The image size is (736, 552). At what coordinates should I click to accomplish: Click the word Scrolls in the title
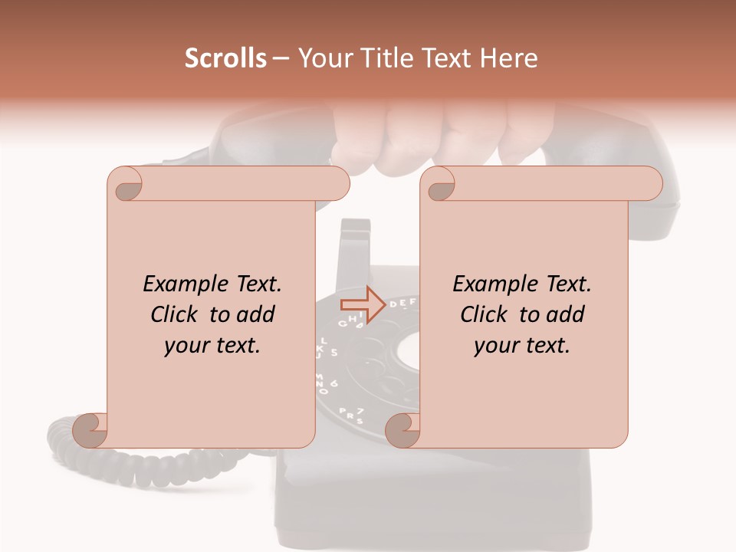[x=225, y=58]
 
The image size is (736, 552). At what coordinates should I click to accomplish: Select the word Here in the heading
[x=508, y=58]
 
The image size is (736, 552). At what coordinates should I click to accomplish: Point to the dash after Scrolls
[x=281, y=59]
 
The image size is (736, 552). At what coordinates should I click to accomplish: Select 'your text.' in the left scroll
[x=212, y=345]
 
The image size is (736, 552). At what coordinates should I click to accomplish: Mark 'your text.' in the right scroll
[x=522, y=345]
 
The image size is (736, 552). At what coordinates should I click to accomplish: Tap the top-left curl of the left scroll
[x=125, y=185]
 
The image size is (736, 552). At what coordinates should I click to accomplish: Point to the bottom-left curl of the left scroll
[x=90, y=430]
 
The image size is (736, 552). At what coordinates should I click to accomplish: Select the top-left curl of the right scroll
[x=439, y=185]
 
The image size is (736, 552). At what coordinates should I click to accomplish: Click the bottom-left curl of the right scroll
[x=402, y=430]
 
